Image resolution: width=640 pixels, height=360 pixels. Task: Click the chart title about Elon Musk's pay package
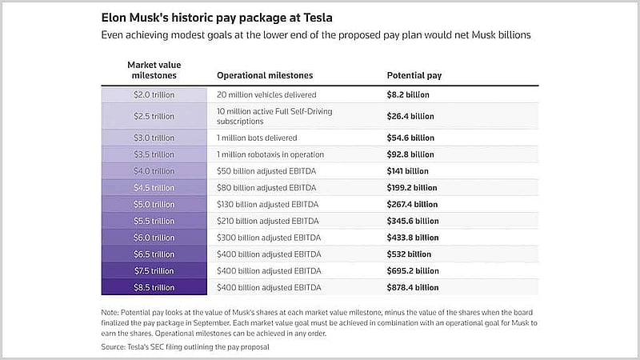[x=217, y=18]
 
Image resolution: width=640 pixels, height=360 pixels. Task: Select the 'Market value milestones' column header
[x=154, y=70]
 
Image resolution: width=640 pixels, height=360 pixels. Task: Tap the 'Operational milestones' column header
[x=265, y=75]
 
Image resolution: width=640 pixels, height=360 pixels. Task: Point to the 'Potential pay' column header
[x=414, y=75]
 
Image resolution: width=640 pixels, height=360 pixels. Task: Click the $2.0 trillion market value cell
[x=154, y=94]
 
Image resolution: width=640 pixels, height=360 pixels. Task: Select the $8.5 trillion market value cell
[x=154, y=287]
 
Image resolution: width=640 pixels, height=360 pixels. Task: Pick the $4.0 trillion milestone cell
[x=154, y=171]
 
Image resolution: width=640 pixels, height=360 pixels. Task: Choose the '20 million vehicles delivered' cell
[x=266, y=94]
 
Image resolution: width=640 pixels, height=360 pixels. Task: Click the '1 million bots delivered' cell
[x=257, y=138]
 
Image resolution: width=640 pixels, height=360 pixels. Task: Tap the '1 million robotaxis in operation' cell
[x=270, y=154]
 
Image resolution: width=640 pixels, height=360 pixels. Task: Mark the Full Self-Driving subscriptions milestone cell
[x=274, y=116]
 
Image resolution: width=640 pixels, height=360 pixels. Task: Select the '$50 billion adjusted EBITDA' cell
[x=266, y=171]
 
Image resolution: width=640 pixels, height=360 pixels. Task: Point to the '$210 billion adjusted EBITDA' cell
[x=268, y=221]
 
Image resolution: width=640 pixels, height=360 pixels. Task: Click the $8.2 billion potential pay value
[x=408, y=94]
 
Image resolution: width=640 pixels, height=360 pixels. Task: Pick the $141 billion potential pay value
[x=408, y=171]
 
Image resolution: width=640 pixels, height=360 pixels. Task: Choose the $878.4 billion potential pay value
[x=413, y=287]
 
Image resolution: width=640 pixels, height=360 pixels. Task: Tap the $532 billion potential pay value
[x=409, y=254]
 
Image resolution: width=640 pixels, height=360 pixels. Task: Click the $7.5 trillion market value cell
[x=154, y=270]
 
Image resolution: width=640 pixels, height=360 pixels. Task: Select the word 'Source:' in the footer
[x=113, y=347]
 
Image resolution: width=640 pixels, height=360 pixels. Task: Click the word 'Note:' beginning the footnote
[x=110, y=313]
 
